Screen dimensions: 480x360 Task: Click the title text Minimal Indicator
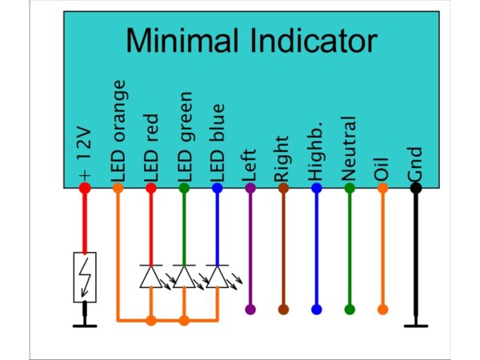[251, 41]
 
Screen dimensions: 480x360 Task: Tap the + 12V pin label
[85, 154]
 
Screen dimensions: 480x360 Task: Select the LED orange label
[118, 131]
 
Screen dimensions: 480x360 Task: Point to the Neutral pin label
[349, 149]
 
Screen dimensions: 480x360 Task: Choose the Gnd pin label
[415, 164]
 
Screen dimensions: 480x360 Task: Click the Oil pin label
[382, 170]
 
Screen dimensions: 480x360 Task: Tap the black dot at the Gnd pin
[416, 188]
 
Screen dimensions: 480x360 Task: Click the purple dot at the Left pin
[250, 188]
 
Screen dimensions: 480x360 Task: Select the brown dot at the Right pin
[283, 188]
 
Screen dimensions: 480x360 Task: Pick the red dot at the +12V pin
[85, 188]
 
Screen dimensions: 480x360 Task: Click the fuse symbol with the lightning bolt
[85, 278]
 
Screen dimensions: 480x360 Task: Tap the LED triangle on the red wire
[151, 277]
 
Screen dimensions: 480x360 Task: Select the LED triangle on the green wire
[184, 277]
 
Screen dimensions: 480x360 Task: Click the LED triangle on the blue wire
[217, 277]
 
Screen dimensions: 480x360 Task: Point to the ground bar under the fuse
[85, 326]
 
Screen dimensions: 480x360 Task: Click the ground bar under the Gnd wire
[416, 326]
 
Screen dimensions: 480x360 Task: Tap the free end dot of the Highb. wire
[317, 310]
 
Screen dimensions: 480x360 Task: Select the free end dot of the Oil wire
[382, 310]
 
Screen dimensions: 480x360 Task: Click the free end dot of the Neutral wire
[350, 310]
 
